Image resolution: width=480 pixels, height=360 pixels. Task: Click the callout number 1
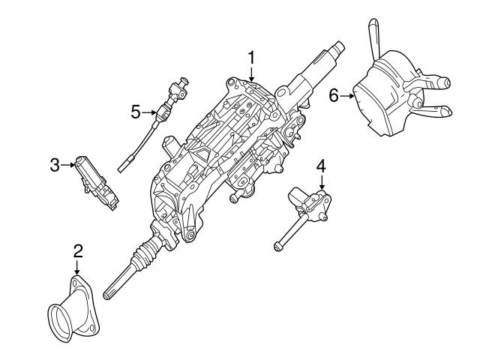[252, 56]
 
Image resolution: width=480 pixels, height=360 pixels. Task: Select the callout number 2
[78, 251]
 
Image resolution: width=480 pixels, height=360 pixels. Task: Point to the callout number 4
[321, 165]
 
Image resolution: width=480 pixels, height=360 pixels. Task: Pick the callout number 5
[135, 112]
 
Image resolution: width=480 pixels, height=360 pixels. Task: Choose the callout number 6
[334, 95]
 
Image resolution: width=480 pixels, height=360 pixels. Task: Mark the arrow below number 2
[78, 268]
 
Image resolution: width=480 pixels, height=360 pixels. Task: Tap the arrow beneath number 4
[321, 182]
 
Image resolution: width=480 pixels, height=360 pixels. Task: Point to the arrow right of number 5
[149, 112]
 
